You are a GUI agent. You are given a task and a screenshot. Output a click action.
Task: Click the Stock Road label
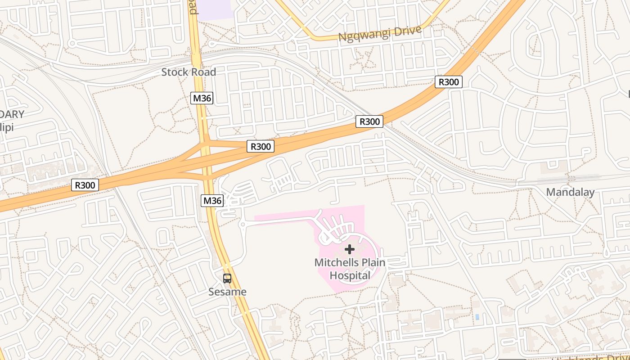tap(189, 72)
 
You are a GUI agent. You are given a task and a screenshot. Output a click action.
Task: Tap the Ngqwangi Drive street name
tap(380, 34)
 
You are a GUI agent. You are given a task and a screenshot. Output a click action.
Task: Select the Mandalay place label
tap(570, 192)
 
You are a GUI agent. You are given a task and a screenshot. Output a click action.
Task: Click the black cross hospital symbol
tap(350, 249)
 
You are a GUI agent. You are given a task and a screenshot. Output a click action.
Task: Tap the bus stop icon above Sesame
tap(227, 279)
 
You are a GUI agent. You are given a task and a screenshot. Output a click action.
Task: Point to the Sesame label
tap(227, 292)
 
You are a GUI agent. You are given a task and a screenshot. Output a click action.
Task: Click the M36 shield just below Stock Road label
tap(202, 98)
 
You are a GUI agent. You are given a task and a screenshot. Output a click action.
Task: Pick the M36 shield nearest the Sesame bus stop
tap(212, 200)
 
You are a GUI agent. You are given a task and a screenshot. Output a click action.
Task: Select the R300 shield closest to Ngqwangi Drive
tap(449, 82)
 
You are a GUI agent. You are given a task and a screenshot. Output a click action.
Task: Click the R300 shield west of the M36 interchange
tap(85, 184)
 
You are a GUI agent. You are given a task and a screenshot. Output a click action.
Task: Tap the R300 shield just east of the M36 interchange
tap(261, 146)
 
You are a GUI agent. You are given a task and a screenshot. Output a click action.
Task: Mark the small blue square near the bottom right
tap(477, 317)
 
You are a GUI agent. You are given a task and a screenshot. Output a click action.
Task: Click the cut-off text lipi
tap(7, 127)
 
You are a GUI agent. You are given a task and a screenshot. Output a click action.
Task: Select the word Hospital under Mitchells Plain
tap(350, 275)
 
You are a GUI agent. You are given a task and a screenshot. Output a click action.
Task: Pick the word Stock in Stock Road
tap(174, 72)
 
